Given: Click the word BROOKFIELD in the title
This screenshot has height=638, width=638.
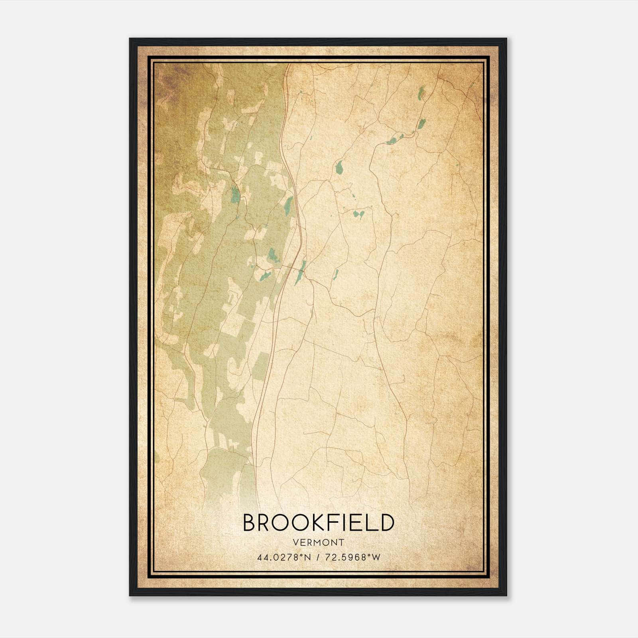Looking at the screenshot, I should click(x=319, y=523).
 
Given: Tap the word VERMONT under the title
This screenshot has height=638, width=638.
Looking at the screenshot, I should click(x=319, y=542).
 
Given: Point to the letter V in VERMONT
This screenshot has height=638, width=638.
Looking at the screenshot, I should click(x=295, y=542).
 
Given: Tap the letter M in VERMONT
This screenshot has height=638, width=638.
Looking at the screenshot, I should click(x=317, y=542).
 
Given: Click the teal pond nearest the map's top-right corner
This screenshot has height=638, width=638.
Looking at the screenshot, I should click(x=421, y=94).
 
